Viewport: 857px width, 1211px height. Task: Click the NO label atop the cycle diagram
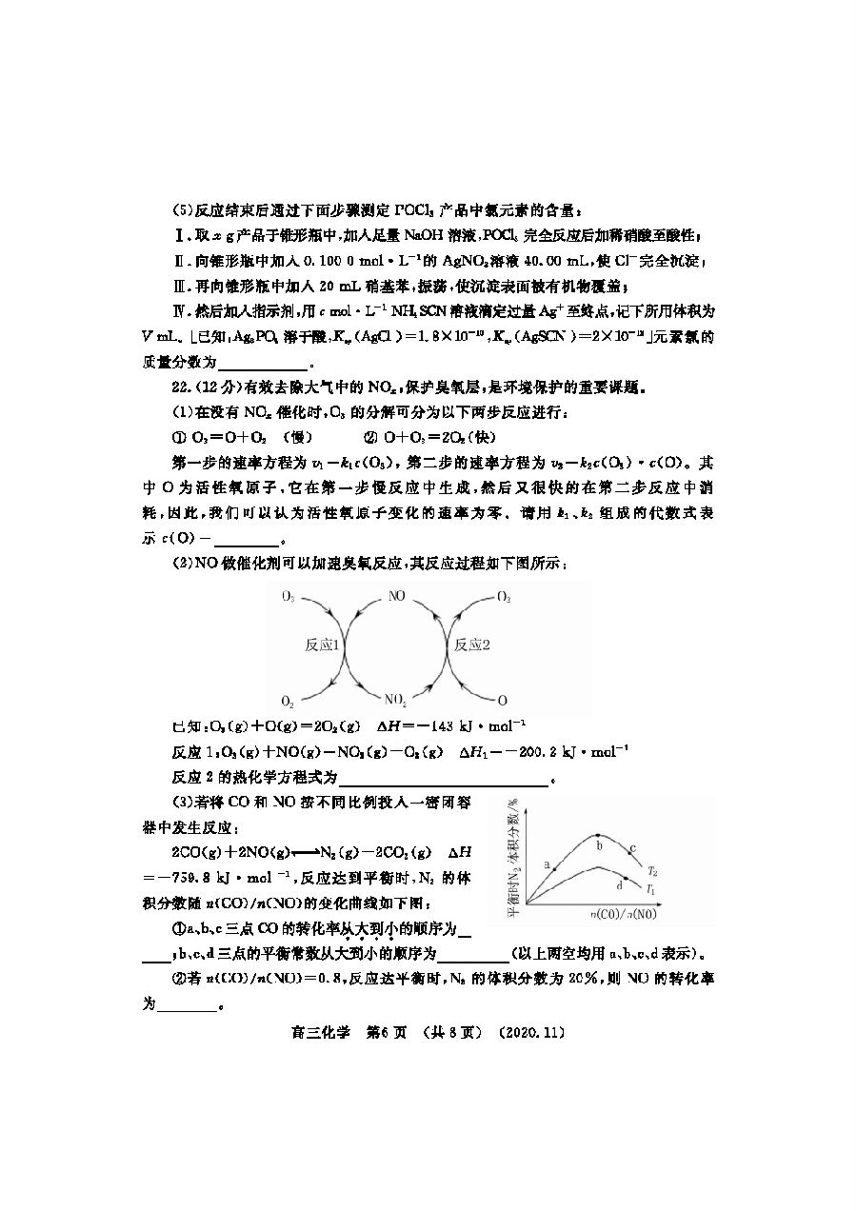point(398,597)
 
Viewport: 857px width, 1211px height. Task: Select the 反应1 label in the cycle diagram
point(319,645)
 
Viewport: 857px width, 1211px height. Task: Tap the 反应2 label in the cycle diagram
point(471,645)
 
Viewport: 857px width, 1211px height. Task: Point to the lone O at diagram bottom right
point(503,701)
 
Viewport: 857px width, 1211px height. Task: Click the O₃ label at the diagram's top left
point(288,597)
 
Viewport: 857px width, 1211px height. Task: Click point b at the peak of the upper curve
point(598,836)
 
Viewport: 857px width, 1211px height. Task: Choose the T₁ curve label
point(650,889)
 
